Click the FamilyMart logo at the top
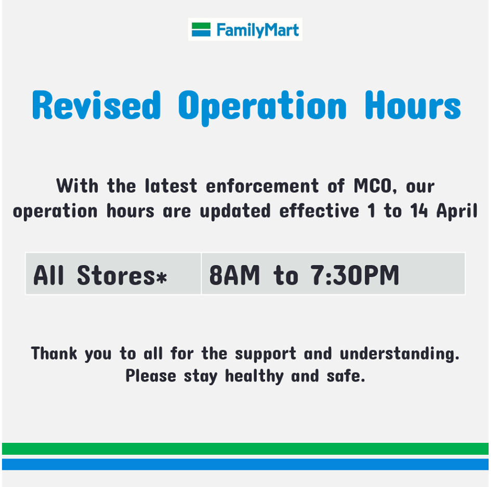coord(245,29)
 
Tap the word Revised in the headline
coord(97,106)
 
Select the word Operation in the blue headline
coord(262,108)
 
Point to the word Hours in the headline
coord(413,106)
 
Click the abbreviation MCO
coord(373,186)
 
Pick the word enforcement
coord(262,186)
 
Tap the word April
coord(457,212)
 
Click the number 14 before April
coord(419,211)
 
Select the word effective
coord(319,211)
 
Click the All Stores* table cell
coord(114,274)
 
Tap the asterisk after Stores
coord(161,277)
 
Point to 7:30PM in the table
coord(354,275)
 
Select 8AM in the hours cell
coord(234,275)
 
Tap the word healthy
coord(254,377)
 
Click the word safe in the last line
coord(346,376)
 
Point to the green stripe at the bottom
coord(245,449)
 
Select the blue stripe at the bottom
coord(245,465)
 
